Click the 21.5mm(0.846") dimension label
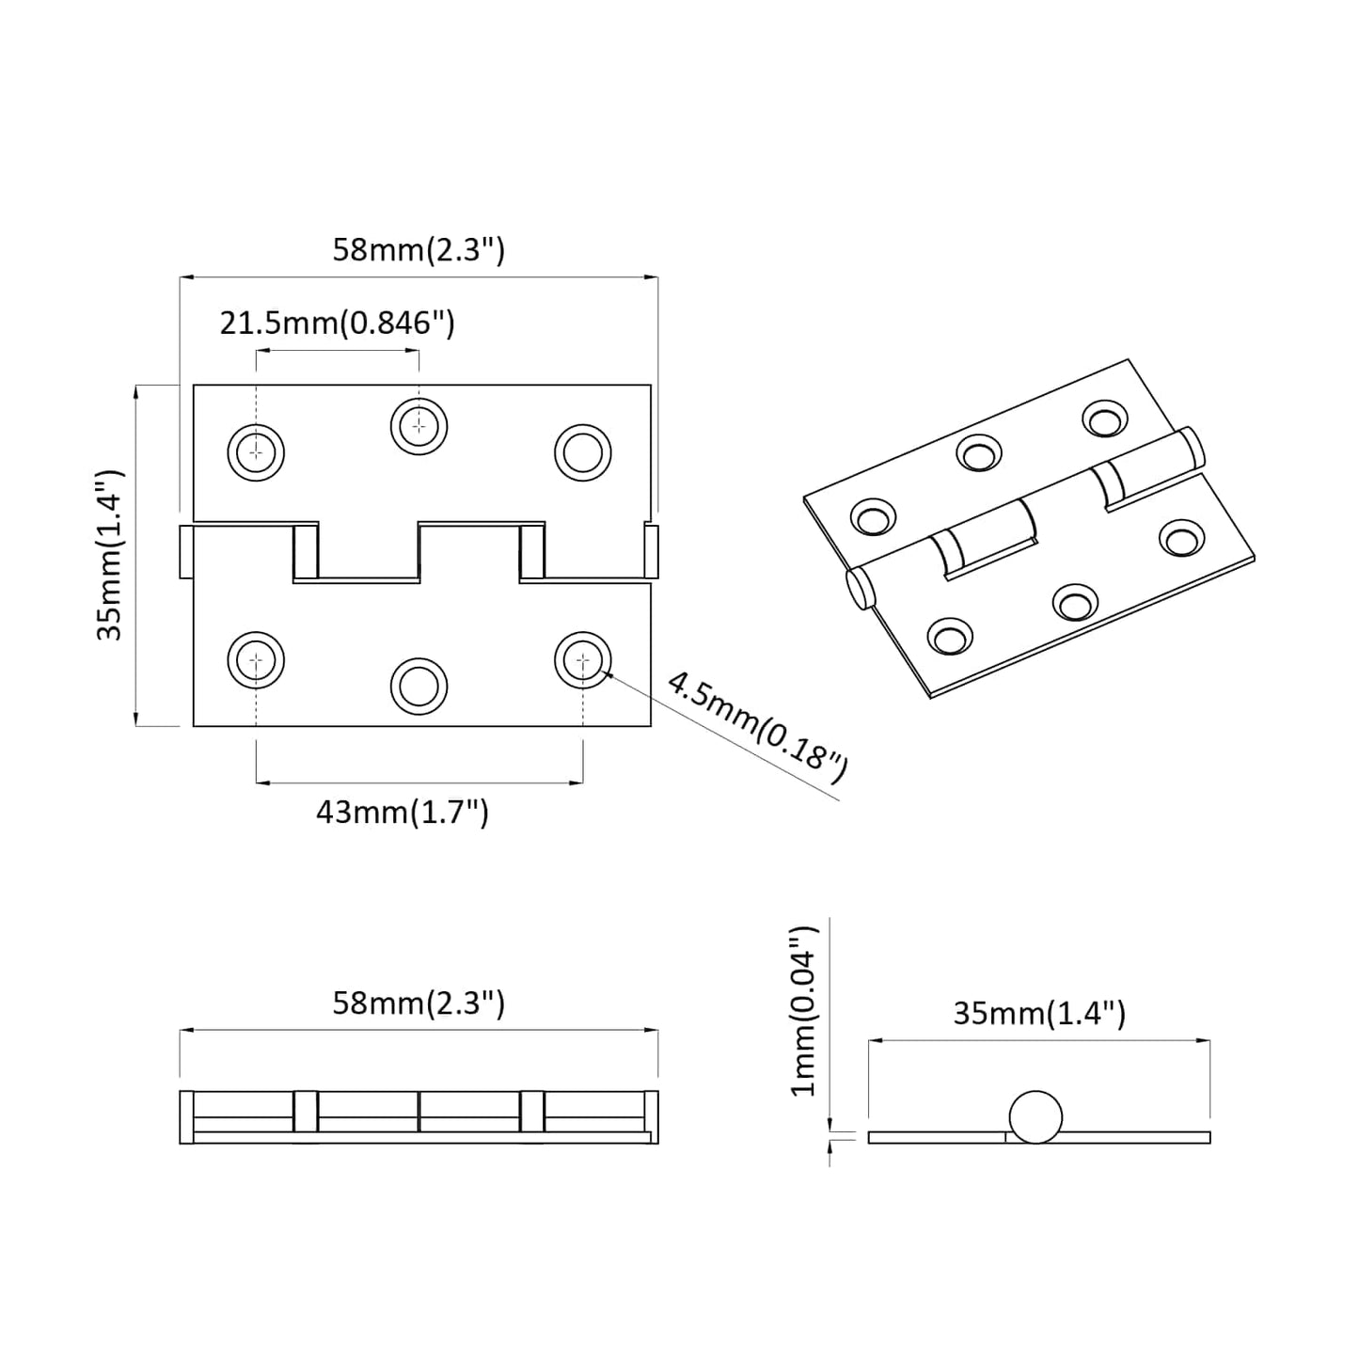[338, 323]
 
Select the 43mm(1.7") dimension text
[403, 812]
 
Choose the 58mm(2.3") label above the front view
[419, 250]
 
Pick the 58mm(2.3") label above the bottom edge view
[419, 1003]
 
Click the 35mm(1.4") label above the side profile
[1039, 1013]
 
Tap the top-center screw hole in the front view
[419, 427]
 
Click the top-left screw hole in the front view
[256, 452]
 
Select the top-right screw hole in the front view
[582, 452]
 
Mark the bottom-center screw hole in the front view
[419, 685]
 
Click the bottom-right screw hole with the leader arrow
[582, 660]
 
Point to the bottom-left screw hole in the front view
[256, 660]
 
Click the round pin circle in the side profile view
[1035, 1116]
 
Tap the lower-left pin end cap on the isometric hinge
[859, 590]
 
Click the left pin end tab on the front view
[186, 552]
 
